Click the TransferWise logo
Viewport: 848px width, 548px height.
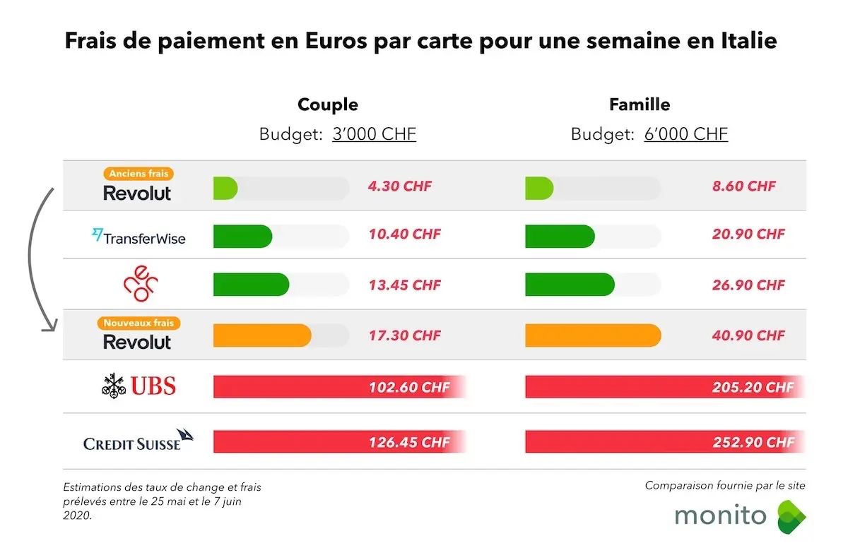click(139, 237)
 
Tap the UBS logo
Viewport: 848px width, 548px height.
click(138, 386)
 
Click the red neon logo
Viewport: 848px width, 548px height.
click(139, 285)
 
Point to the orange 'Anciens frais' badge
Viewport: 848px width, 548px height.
click(139, 174)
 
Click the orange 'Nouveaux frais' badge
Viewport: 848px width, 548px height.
click(139, 323)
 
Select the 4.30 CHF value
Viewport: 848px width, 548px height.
click(399, 187)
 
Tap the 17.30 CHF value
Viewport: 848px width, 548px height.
click(404, 335)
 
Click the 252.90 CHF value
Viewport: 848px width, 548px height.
click(753, 443)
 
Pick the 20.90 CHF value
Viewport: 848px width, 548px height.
click(748, 234)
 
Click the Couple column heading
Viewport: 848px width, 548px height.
click(328, 105)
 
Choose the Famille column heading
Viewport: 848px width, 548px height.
click(640, 105)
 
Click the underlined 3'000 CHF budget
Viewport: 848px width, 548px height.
click(374, 134)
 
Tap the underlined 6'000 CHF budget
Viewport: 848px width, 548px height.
click(685, 134)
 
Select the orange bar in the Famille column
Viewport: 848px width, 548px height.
click(593, 335)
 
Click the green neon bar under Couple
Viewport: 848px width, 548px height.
click(251, 285)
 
